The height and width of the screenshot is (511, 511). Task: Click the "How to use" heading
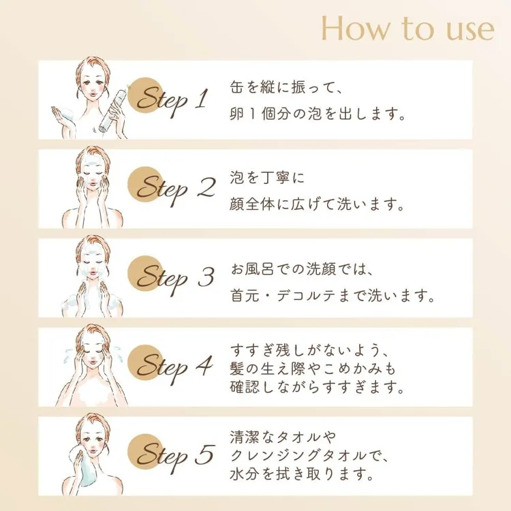click(x=407, y=29)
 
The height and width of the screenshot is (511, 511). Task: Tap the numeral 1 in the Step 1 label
click(x=202, y=98)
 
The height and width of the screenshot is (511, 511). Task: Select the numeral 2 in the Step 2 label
click(x=206, y=187)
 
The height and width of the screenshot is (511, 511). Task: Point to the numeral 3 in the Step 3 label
click(x=206, y=277)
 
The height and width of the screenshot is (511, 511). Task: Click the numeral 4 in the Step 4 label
click(x=204, y=365)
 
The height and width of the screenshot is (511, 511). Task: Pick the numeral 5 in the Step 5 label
click(x=205, y=454)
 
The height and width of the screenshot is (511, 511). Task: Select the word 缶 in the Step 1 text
click(x=237, y=88)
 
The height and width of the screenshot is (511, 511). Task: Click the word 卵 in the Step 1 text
click(x=236, y=114)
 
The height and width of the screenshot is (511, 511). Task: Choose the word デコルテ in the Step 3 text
click(x=304, y=296)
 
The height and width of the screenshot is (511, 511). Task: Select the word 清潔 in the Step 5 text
click(x=244, y=437)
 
